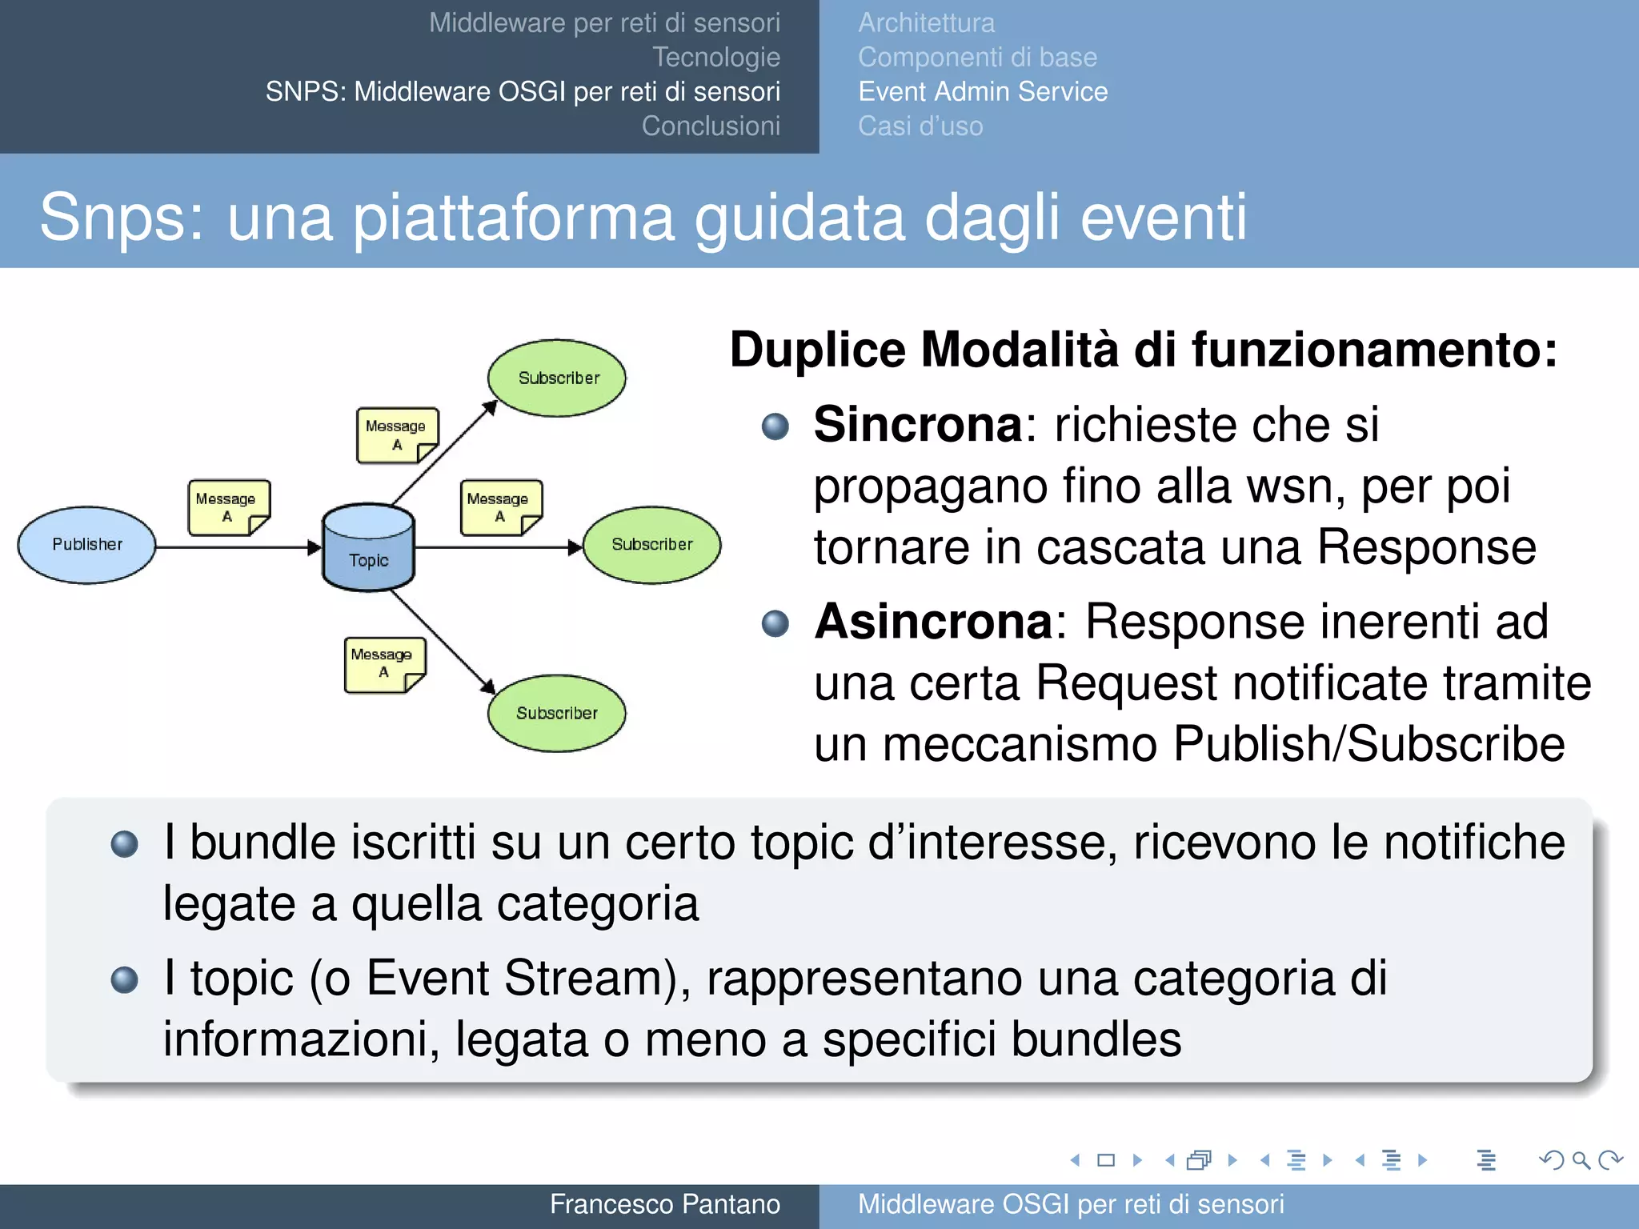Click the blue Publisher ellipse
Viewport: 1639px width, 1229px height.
(x=86, y=545)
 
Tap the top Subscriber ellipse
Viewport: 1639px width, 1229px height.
(x=557, y=378)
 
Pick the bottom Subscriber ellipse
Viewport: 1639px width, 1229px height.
(x=557, y=713)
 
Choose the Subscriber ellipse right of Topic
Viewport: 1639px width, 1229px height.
(x=651, y=545)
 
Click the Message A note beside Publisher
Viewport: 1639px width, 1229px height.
(x=229, y=507)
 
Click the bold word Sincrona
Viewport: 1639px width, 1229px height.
(x=917, y=424)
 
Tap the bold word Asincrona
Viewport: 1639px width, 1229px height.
(x=933, y=622)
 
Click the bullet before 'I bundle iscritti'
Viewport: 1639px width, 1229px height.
(x=125, y=843)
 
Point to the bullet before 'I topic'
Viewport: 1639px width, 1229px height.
(x=125, y=979)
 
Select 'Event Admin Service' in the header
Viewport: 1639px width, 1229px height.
(x=983, y=92)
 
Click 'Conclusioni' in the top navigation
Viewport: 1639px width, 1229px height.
(x=711, y=126)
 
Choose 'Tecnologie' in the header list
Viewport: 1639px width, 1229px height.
(x=716, y=58)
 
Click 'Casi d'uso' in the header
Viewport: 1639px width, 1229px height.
(x=920, y=126)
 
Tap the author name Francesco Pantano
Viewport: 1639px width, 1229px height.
(x=664, y=1204)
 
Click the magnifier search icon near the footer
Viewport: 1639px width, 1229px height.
(x=1581, y=1160)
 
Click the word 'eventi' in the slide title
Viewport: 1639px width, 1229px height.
(x=1164, y=217)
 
